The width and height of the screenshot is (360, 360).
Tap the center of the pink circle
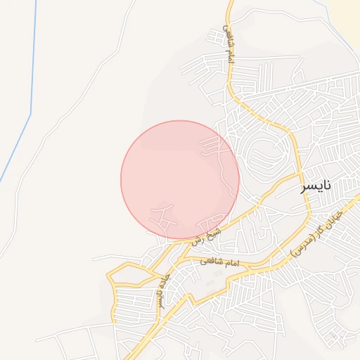coord(180,180)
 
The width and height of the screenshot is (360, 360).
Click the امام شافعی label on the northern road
coord(228,44)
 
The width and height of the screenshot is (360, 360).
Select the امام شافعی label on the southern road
coord(220,262)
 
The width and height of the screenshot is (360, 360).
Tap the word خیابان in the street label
coord(333,216)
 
